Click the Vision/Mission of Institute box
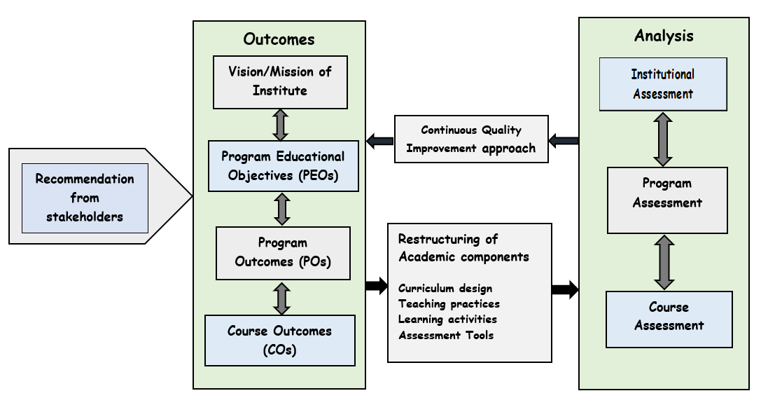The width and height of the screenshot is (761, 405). tap(280, 81)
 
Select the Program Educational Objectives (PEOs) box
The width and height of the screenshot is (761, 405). tap(283, 166)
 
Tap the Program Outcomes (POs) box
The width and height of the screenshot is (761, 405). tap(282, 252)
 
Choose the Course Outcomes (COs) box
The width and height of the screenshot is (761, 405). tap(279, 341)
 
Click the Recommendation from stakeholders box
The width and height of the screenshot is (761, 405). tap(85, 198)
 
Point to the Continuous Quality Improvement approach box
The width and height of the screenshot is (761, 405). tap(470, 139)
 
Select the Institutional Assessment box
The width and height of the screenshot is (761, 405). tap(662, 84)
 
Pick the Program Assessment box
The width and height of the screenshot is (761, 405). tap(666, 200)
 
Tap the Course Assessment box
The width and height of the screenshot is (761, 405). tap(669, 317)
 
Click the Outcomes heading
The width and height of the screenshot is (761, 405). tap(279, 39)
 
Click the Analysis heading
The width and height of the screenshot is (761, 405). tap(664, 36)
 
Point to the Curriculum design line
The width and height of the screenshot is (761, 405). tap(445, 289)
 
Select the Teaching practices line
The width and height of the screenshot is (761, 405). tap(449, 304)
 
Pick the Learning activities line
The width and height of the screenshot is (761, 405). tap(447, 320)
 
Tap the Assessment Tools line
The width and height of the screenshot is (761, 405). tap(446, 336)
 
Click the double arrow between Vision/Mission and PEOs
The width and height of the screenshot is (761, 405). tap(281, 125)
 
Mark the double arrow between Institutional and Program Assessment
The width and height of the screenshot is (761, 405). tap(662, 139)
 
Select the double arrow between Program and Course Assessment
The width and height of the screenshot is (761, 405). tap(664, 262)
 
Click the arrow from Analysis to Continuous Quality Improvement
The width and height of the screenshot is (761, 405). tap(564, 141)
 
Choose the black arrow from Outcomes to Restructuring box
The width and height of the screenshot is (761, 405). tap(377, 285)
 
